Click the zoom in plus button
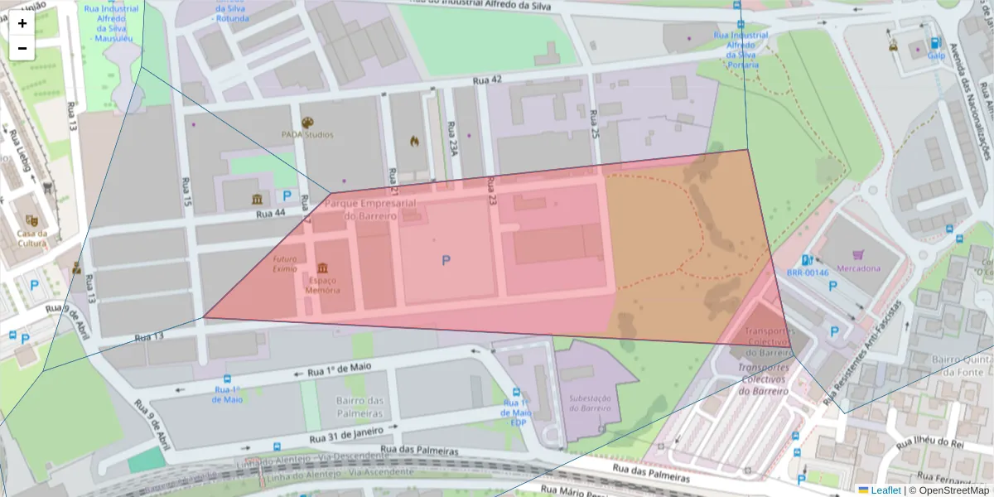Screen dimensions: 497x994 (x=22, y=23)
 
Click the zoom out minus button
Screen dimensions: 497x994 (x=22, y=48)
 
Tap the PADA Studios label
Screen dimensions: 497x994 (x=306, y=134)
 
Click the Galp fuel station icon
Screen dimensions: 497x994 (x=935, y=43)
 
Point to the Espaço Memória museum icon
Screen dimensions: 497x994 (x=322, y=268)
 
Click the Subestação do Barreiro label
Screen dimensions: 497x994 (x=590, y=403)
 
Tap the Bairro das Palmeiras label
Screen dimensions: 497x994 (x=359, y=407)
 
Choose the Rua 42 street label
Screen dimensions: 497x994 (x=487, y=80)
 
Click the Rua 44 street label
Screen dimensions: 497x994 (x=270, y=214)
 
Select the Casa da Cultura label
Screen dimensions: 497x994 (x=31, y=238)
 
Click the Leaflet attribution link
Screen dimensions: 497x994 (x=885, y=490)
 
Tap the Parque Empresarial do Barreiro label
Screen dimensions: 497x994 (x=370, y=210)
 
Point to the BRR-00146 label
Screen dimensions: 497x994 (x=808, y=273)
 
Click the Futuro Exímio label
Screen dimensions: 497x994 (x=285, y=263)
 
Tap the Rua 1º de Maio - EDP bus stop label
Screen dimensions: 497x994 (x=514, y=412)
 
